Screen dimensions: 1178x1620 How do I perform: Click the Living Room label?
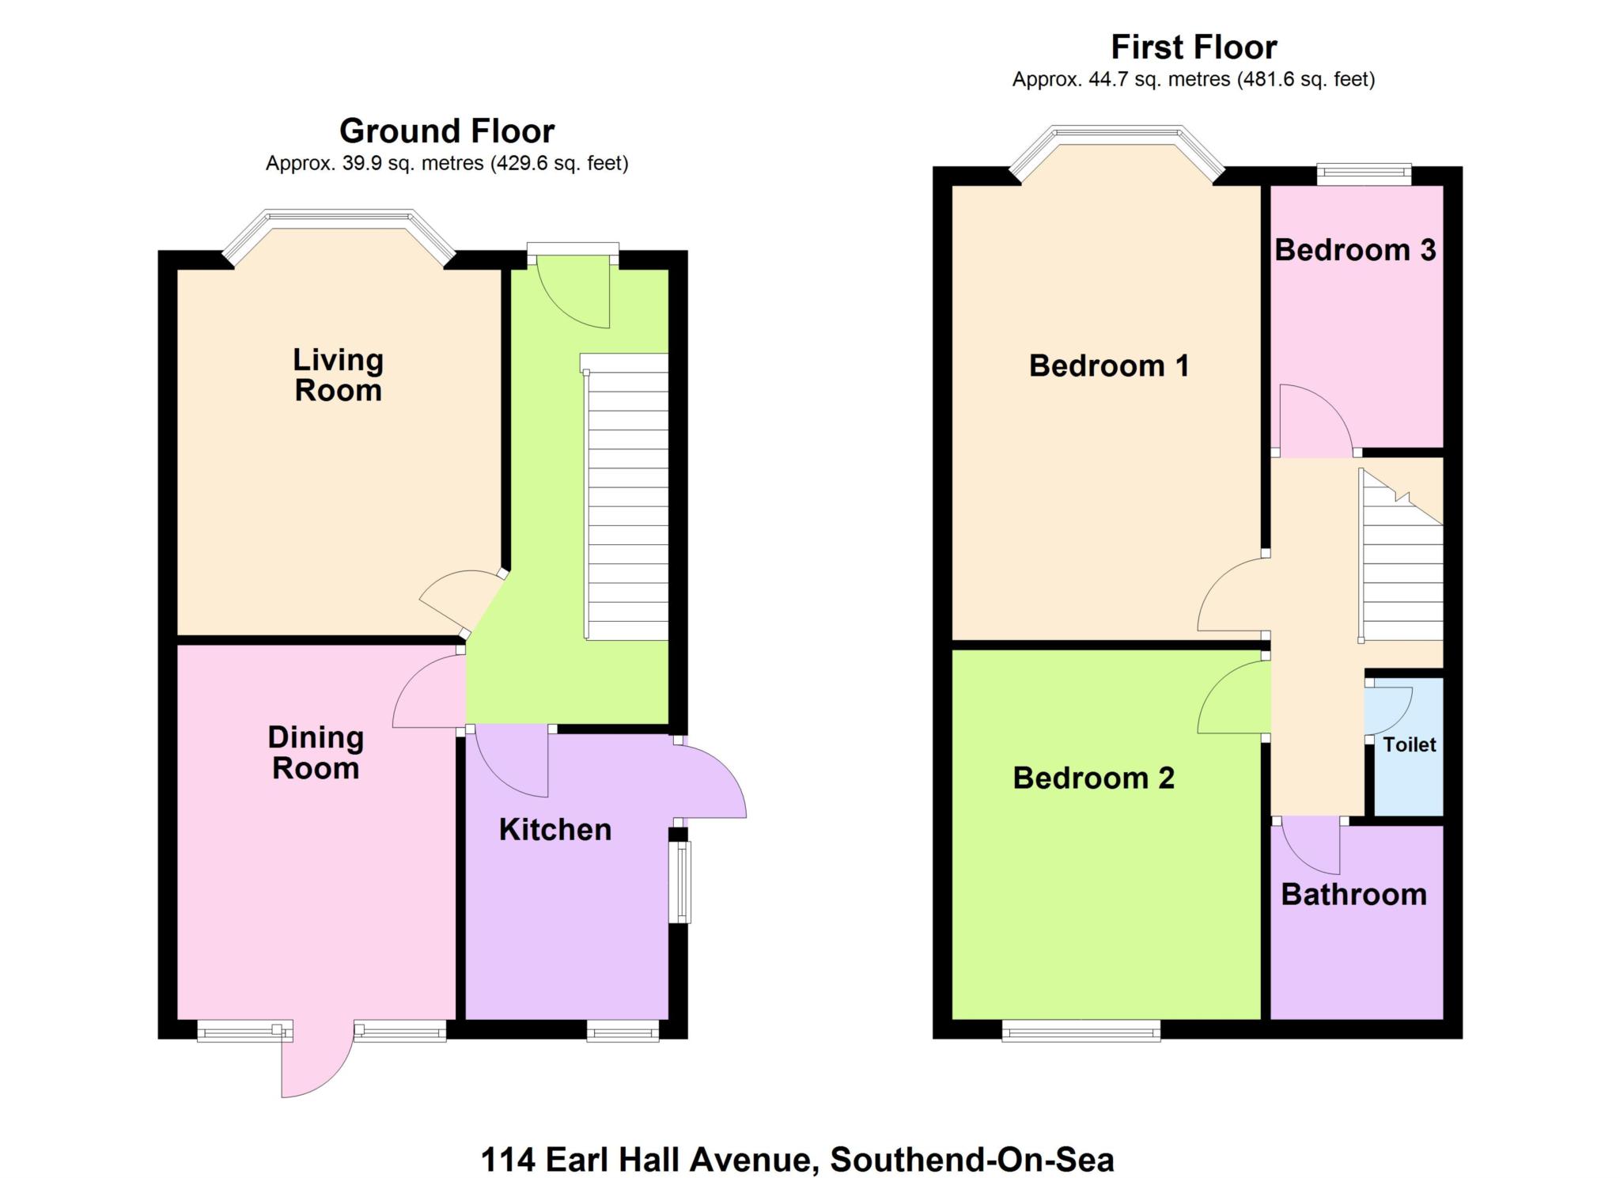click(x=338, y=375)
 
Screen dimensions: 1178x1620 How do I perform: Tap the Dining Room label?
click(x=316, y=752)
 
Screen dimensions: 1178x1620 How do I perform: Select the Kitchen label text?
click(x=555, y=830)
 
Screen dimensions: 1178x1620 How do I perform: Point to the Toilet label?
click(x=1410, y=744)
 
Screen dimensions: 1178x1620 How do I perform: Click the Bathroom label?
click(x=1353, y=895)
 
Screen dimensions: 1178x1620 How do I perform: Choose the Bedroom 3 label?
click(x=1355, y=250)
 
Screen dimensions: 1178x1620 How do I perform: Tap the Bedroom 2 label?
click(x=1093, y=778)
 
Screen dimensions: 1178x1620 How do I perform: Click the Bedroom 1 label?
click(x=1108, y=366)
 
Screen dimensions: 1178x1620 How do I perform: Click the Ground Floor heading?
click(x=447, y=131)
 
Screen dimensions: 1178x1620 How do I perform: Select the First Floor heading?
click(x=1194, y=47)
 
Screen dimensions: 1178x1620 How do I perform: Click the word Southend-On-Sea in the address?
click(x=971, y=1161)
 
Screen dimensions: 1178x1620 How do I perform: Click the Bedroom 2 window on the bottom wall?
click(x=1081, y=1031)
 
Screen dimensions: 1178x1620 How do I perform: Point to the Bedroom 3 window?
click(x=1364, y=174)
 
